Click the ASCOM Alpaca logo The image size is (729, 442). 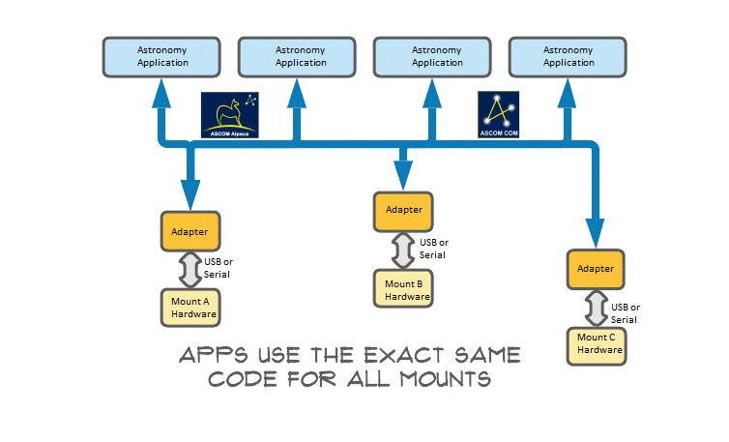pyautogui.click(x=231, y=115)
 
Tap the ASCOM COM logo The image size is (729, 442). pyautogui.click(x=499, y=115)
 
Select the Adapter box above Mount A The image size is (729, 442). pyautogui.click(x=190, y=231)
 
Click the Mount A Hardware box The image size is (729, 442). pyautogui.click(x=190, y=307)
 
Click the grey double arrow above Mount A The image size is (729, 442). pyautogui.click(x=190, y=268)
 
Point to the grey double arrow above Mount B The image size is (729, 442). pyautogui.click(x=403, y=248)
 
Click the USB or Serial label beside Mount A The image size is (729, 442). pyautogui.click(x=219, y=267)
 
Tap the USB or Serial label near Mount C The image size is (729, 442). pyautogui.click(x=625, y=312)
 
